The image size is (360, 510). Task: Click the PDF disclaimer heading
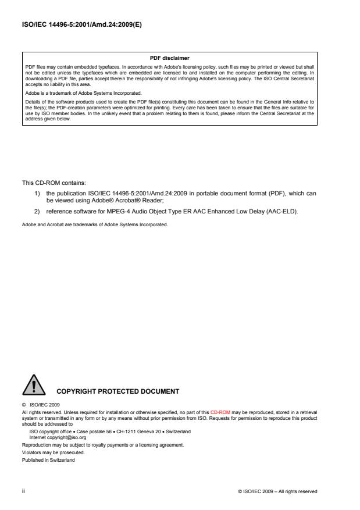click(x=180, y=58)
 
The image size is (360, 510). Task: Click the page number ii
click(x=24, y=491)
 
